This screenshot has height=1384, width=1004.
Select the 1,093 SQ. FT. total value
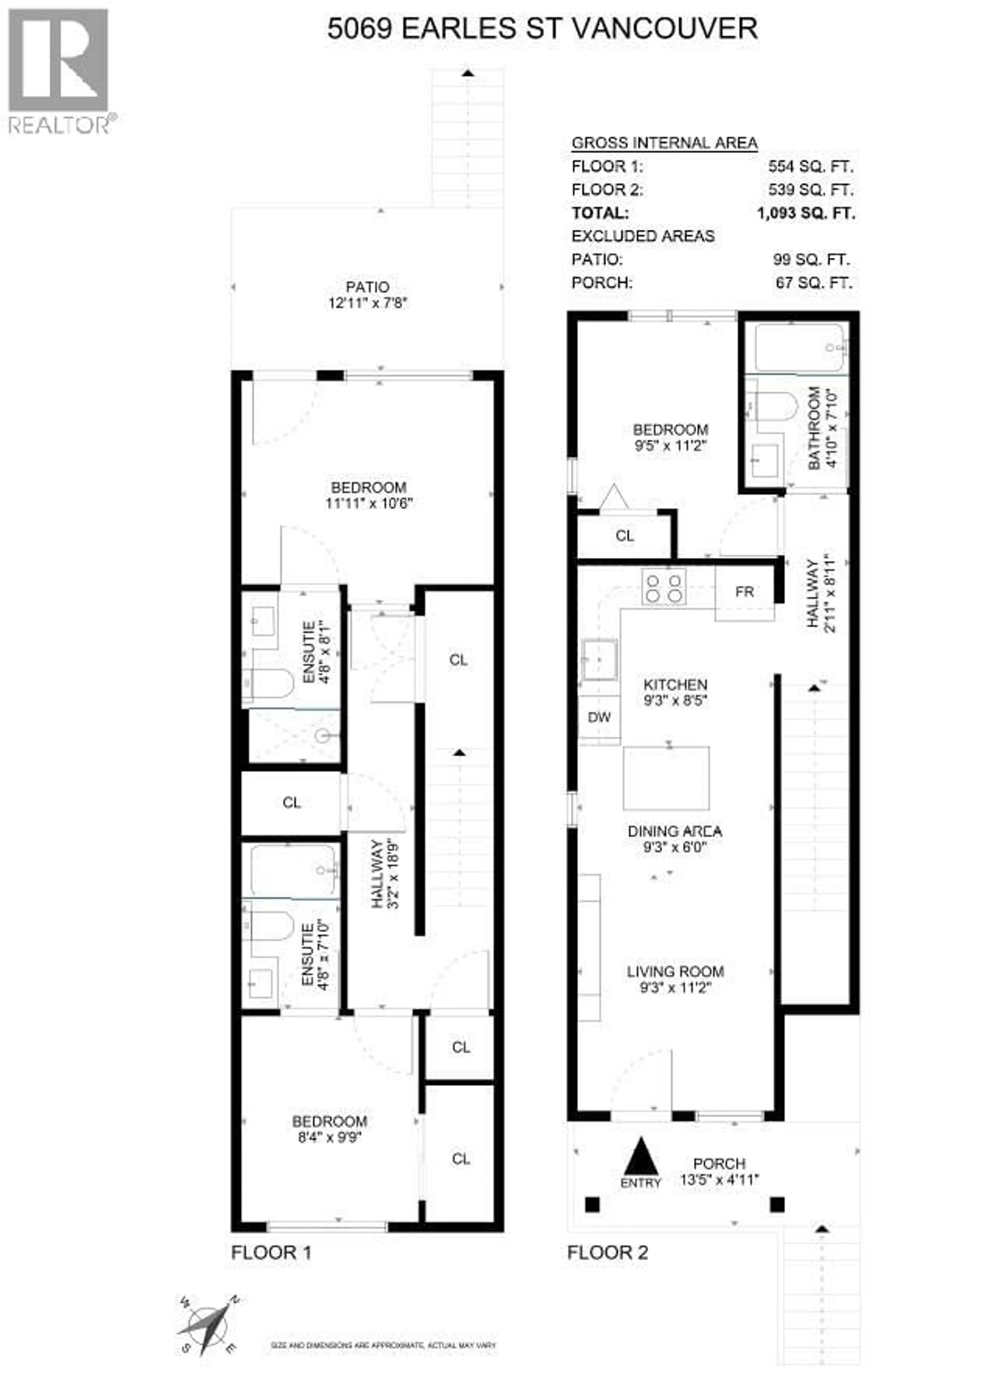tap(806, 213)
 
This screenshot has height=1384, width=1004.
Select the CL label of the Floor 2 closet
tap(624, 536)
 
